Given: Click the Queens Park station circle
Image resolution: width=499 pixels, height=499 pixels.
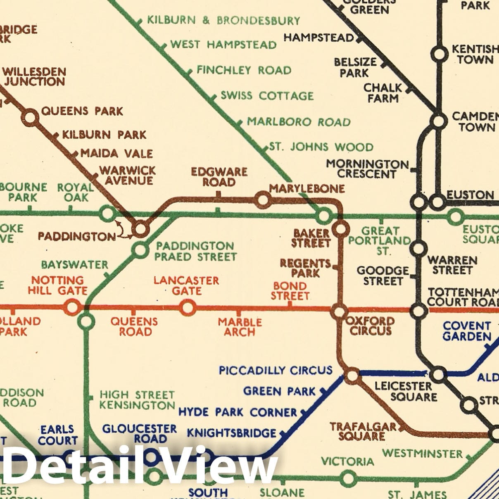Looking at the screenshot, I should pyautogui.click(x=30, y=118).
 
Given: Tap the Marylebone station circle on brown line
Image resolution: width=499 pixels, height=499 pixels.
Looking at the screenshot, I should pyautogui.click(x=262, y=200).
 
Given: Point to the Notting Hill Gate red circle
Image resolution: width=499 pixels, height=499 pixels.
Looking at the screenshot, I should pyautogui.click(x=72, y=308).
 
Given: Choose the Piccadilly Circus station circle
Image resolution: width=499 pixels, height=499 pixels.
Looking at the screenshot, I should pyautogui.click(x=352, y=376).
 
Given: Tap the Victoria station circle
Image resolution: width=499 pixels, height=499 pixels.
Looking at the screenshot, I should pyautogui.click(x=348, y=479).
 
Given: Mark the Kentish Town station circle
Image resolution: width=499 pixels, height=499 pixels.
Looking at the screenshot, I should pyautogui.click(x=439, y=54).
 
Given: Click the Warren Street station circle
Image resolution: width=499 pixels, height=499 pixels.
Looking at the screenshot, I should pyautogui.click(x=418, y=249).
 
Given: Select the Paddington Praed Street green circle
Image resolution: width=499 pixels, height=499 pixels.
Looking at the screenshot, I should pyautogui.click(x=140, y=250).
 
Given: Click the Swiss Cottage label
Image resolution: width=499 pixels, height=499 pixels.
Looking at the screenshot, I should pyautogui.click(x=267, y=96).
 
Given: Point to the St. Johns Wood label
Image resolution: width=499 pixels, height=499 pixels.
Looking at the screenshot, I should pyautogui.click(x=321, y=147).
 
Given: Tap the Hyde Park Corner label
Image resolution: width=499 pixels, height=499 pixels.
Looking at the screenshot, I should pyautogui.click(x=238, y=412).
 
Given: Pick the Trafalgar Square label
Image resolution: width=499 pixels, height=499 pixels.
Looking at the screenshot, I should pyautogui.click(x=362, y=432).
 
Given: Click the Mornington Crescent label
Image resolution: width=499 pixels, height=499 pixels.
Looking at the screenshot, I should pyautogui.click(x=367, y=169).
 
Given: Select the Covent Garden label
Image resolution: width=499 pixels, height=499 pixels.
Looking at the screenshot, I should pyautogui.click(x=467, y=331).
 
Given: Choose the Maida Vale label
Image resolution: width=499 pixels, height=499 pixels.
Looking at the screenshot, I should pyautogui.click(x=116, y=154).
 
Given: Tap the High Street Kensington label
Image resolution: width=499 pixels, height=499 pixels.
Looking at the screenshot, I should pyautogui.click(x=137, y=400).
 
